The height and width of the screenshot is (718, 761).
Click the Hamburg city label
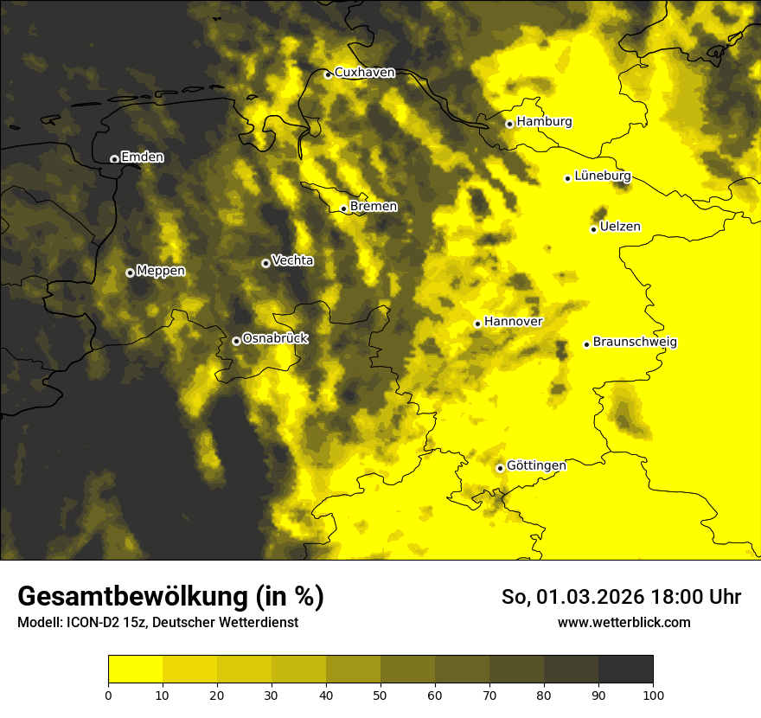(544, 122)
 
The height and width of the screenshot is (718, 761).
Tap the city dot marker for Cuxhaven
(328, 74)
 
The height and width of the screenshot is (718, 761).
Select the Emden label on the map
(142, 157)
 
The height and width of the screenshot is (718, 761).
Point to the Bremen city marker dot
(343, 208)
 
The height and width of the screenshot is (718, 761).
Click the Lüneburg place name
(602, 176)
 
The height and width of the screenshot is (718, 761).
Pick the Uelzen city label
(619, 227)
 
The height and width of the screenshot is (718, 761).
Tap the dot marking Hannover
(477, 324)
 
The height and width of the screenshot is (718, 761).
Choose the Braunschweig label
(635, 343)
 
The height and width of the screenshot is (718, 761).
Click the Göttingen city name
(536, 465)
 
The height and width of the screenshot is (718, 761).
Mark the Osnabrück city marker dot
(236, 341)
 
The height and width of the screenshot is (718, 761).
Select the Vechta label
(292, 260)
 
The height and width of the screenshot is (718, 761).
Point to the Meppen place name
(161, 271)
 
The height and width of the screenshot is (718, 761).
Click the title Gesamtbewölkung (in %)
(170, 597)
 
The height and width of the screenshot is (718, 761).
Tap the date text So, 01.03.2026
(570, 597)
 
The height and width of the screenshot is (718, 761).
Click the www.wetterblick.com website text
(624, 622)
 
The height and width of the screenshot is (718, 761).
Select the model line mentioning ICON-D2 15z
(157, 622)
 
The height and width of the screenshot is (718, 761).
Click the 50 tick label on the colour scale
(380, 695)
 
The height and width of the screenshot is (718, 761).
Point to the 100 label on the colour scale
(653, 695)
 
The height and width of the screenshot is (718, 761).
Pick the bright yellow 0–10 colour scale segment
(135, 670)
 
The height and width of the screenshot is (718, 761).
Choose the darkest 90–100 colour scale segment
(625, 670)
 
